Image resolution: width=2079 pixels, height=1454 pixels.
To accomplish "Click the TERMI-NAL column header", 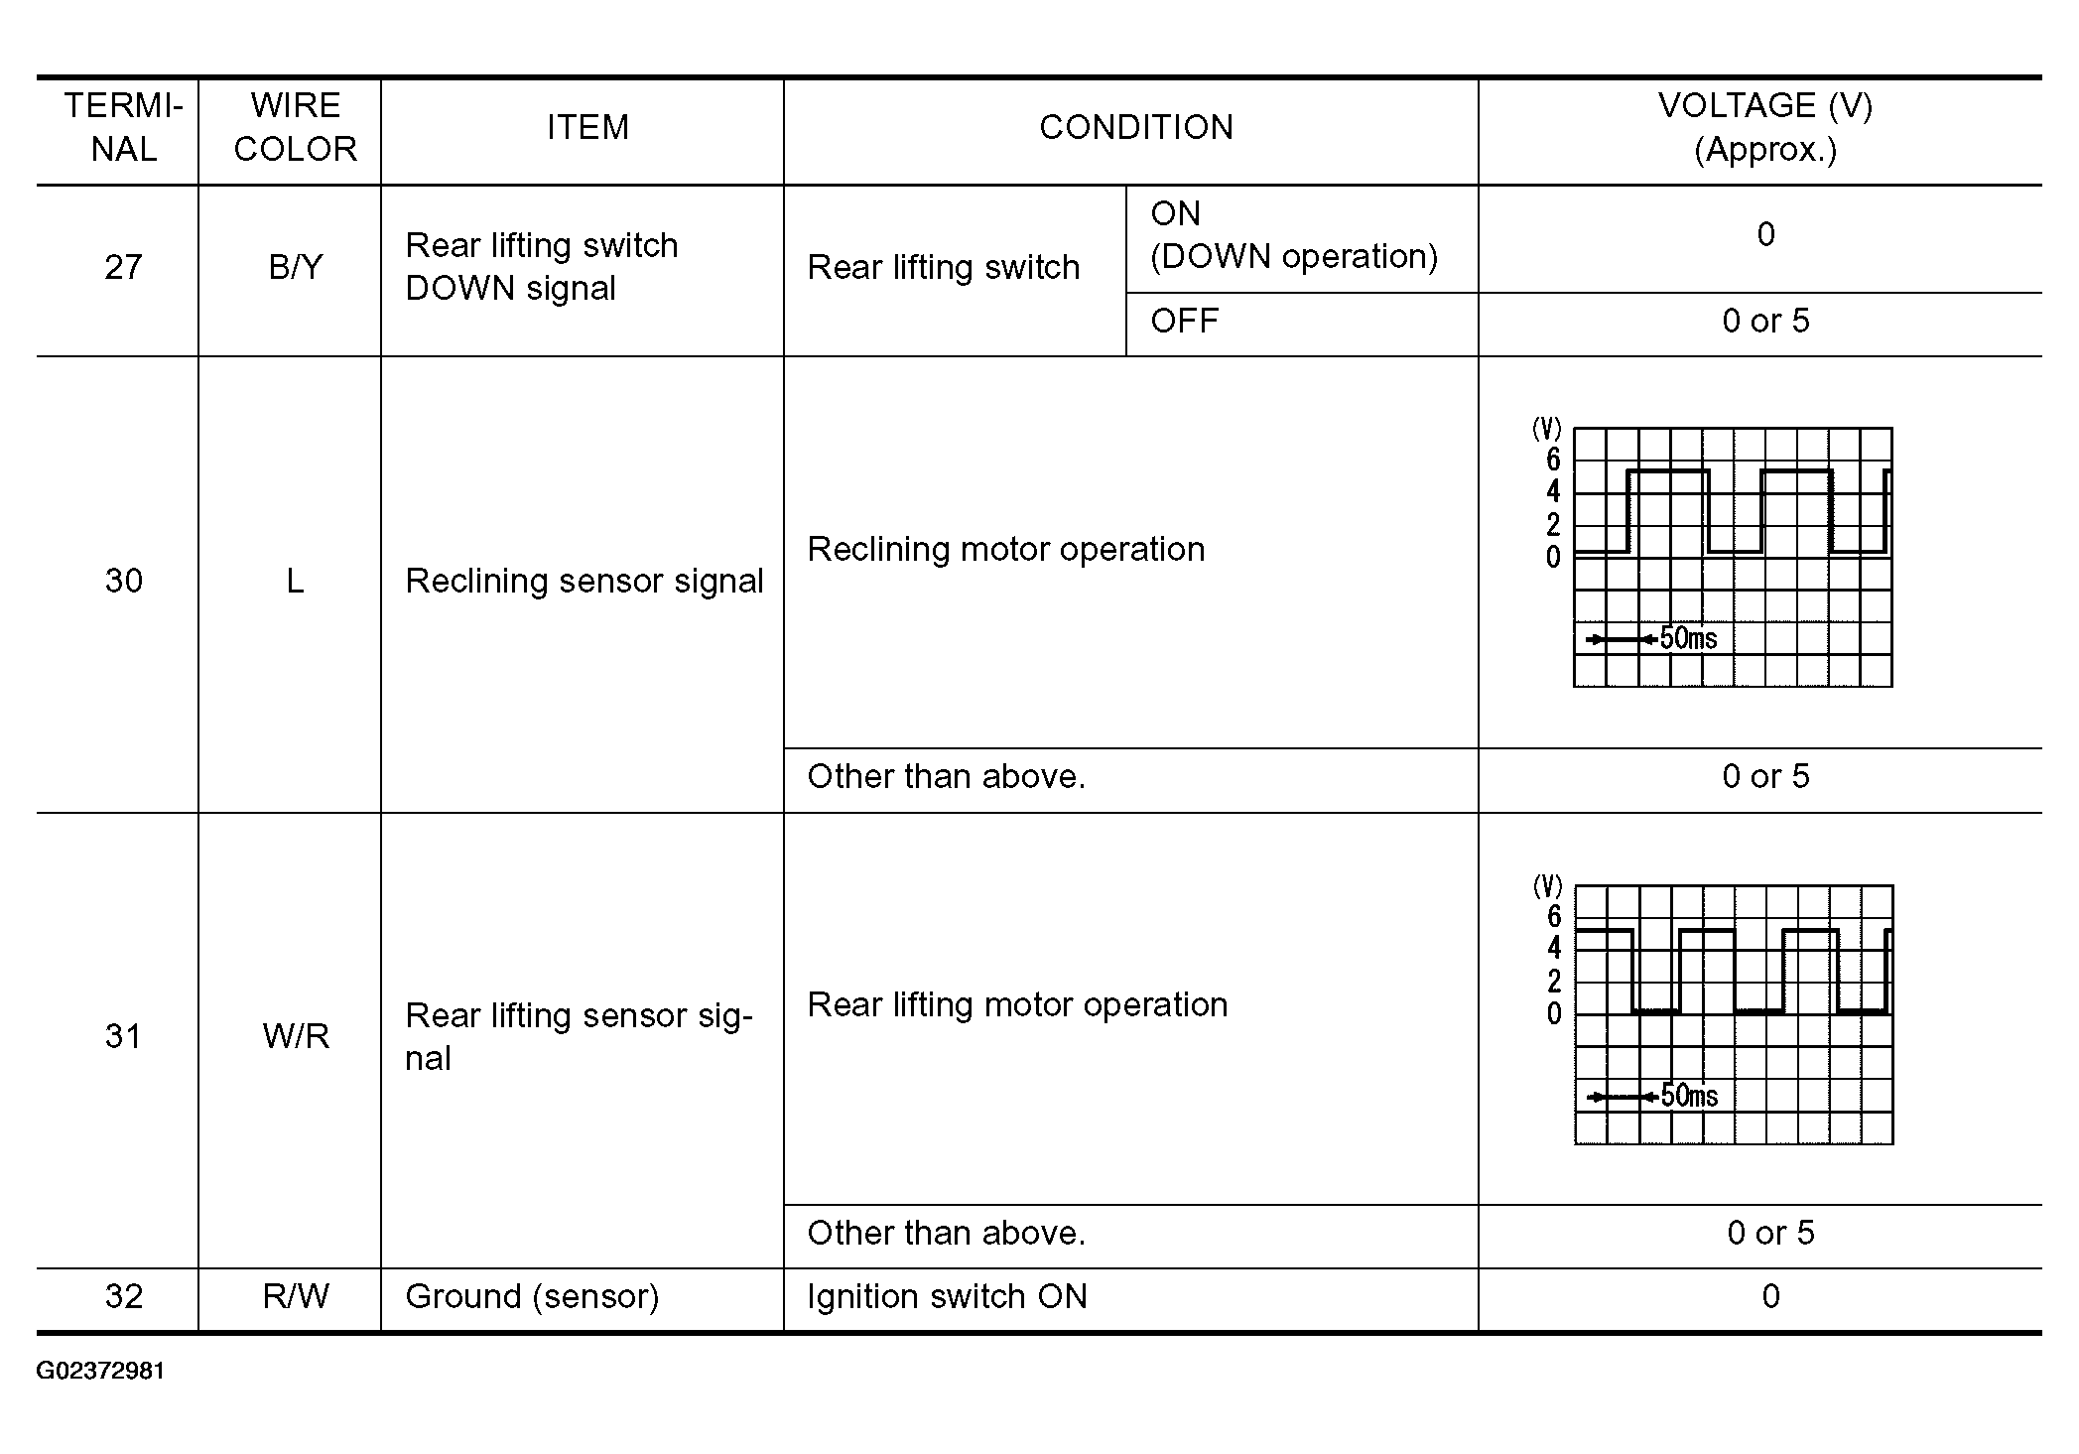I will tap(123, 127).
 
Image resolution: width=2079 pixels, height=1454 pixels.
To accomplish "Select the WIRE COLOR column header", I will tap(295, 127).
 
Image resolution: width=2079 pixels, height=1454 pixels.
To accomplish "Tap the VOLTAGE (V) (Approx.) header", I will tap(1764, 127).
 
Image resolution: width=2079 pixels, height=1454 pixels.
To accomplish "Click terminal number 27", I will tap(123, 267).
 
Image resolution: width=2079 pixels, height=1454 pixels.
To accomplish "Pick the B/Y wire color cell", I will tap(295, 267).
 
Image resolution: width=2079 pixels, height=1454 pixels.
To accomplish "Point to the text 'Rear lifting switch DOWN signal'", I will tap(541, 267).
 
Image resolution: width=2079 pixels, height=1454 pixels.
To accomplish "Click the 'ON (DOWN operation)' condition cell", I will tap(1293, 235).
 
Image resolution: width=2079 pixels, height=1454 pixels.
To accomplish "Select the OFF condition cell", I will tap(1184, 321).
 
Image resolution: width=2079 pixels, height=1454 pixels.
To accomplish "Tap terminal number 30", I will tap(123, 581).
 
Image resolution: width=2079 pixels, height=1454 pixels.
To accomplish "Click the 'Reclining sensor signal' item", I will tap(584, 581).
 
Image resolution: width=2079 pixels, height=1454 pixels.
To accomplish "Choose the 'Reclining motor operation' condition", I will tap(1005, 549).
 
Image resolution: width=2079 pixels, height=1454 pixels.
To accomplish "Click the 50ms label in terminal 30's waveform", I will tap(1688, 638).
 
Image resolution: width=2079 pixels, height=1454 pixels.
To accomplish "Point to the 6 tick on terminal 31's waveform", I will tap(1554, 916).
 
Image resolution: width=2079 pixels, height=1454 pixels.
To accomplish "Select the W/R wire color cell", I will tap(295, 1036).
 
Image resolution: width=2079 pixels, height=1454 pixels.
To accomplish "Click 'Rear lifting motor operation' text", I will tap(1017, 1004).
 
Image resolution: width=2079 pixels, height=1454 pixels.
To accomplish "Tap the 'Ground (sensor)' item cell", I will tap(532, 1296).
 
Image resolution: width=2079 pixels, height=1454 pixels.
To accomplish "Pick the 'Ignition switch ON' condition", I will tap(947, 1296).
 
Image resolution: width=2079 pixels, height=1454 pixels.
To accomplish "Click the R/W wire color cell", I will tap(295, 1296).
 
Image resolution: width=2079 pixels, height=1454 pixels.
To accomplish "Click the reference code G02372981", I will tap(100, 1371).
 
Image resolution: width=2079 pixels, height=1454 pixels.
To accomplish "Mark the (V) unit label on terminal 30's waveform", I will tap(1547, 429).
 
